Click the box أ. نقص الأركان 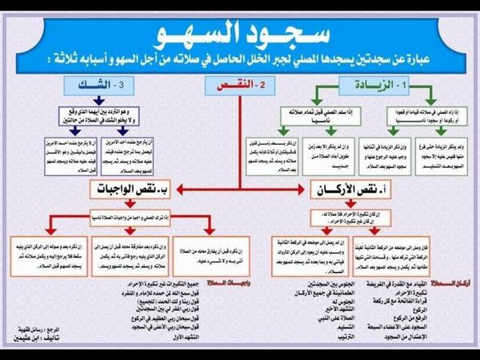point(341,190)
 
